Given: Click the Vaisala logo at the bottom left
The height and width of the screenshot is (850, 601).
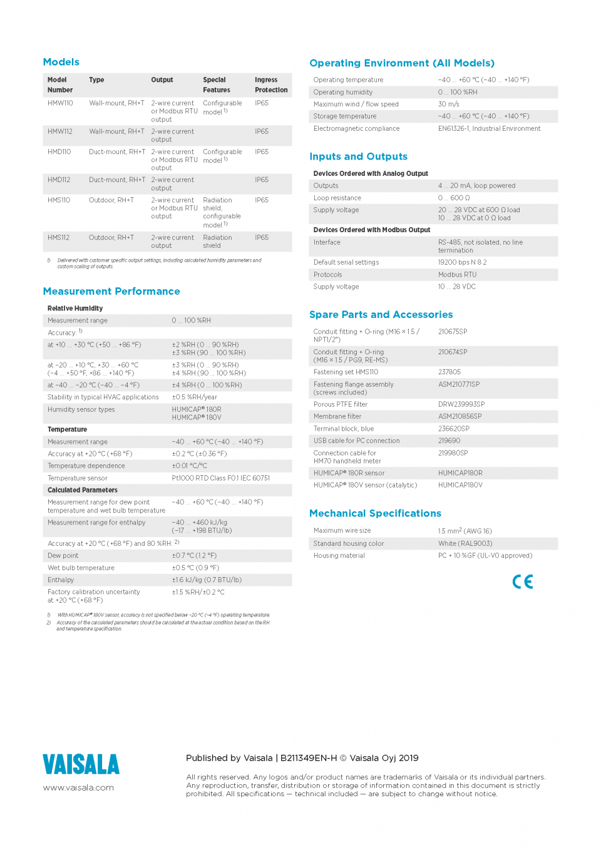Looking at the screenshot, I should point(81,764).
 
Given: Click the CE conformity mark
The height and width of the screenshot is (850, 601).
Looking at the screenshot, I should point(523,581).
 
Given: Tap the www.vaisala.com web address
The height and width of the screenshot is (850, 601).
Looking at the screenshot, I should point(78,788).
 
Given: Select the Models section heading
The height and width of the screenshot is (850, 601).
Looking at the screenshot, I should point(61,62).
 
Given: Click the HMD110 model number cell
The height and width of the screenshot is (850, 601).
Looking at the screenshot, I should point(59,152).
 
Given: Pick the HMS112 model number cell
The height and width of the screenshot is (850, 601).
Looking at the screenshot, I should point(59,238).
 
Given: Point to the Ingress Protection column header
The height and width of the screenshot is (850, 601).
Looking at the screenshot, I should point(271,85).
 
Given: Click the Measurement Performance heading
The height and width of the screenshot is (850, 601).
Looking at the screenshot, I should point(111,291).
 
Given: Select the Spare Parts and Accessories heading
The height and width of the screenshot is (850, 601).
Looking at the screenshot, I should point(381,314).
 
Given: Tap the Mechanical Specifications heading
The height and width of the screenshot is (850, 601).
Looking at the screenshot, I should point(375,513).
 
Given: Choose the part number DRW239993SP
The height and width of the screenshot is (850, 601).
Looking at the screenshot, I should point(461,404).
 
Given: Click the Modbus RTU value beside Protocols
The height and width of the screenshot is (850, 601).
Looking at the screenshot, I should point(457,275).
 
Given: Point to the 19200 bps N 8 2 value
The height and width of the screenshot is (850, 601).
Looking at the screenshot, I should point(462,262).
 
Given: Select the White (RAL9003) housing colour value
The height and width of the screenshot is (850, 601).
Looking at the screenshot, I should point(465,543).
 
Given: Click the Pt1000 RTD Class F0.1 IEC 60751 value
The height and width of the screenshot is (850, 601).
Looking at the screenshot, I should point(221,478).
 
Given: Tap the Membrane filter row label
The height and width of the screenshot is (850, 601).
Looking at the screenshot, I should point(337,416).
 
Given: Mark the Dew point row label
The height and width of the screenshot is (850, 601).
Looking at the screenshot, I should point(63,556).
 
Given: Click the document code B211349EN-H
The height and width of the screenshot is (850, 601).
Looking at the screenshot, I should point(309,758).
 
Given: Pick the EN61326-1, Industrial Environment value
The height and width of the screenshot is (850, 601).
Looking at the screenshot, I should point(489,129).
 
